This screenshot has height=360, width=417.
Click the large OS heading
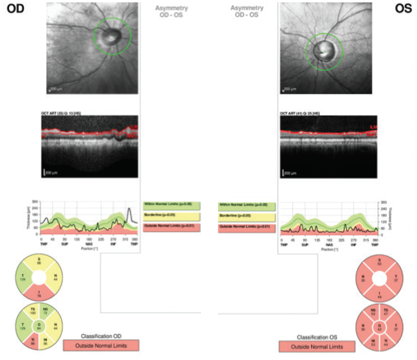pos(402,10)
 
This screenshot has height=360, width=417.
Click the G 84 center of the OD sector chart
pos(40,325)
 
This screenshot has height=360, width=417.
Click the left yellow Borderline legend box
pos(172,216)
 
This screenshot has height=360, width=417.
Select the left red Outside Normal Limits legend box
pos(172,227)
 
